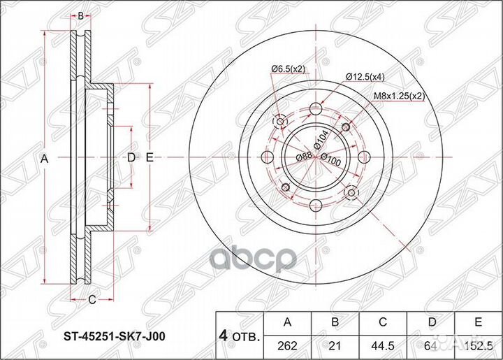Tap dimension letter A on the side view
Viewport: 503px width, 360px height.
pos(44,159)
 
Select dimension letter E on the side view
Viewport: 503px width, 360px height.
pos(150,159)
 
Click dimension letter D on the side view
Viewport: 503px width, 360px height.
pos(130,159)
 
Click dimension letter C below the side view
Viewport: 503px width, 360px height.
pos(92,302)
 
